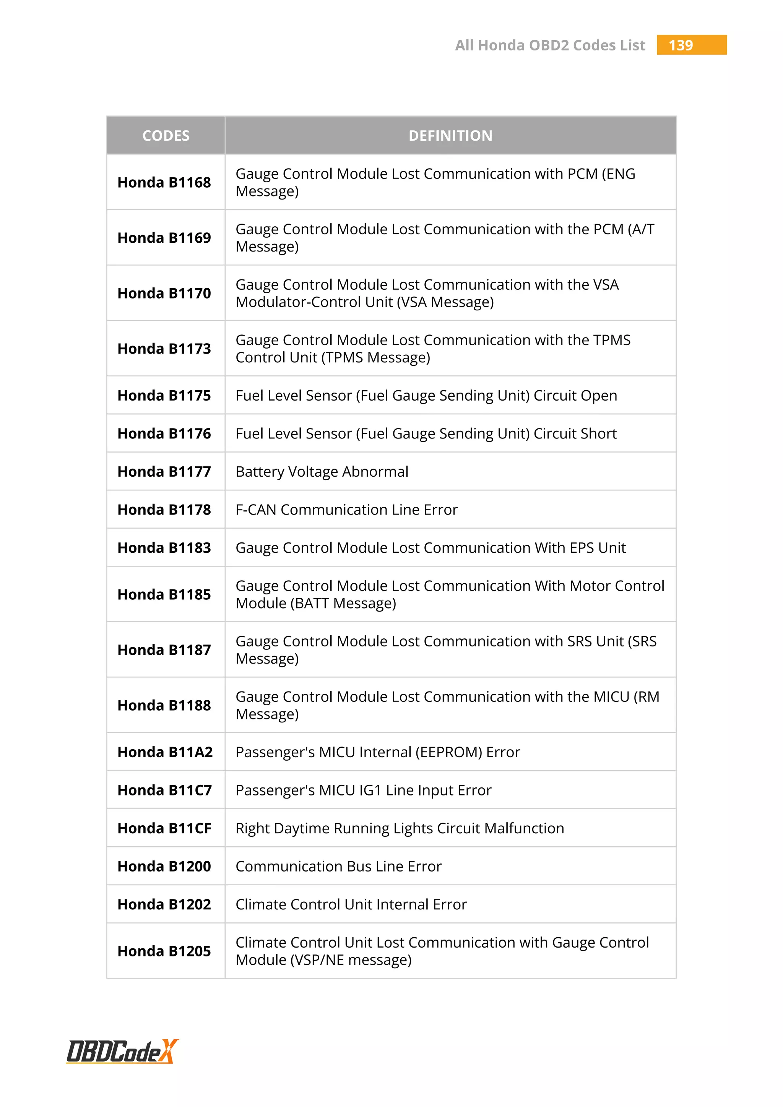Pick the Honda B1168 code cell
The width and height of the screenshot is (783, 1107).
click(x=164, y=183)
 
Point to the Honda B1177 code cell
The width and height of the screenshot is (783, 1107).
click(x=164, y=472)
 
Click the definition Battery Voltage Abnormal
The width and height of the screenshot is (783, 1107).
click(x=322, y=472)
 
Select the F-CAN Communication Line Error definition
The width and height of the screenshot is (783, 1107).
click(x=346, y=510)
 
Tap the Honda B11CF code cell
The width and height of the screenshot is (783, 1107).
click(x=164, y=828)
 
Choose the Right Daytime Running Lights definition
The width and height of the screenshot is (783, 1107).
click(x=399, y=828)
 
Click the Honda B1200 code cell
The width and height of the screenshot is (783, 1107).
click(x=164, y=867)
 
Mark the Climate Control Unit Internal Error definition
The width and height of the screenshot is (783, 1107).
click(x=351, y=904)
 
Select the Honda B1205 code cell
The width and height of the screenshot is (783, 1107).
click(x=164, y=951)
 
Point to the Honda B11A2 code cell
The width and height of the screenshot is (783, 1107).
click(x=165, y=752)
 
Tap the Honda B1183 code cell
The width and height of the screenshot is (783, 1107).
click(x=164, y=548)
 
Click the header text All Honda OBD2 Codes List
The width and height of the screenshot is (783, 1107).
click(x=550, y=45)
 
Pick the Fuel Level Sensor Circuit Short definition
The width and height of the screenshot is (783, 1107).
click(x=426, y=433)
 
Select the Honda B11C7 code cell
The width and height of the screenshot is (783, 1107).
click(x=164, y=790)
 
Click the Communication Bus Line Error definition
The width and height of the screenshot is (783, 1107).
click(x=338, y=867)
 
